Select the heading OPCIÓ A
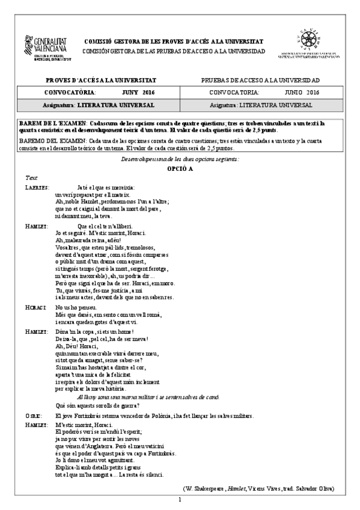point(180,170)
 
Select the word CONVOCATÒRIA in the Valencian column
point(70,93)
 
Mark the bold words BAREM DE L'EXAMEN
point(53,123)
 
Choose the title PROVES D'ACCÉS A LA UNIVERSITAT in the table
point(101,80)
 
